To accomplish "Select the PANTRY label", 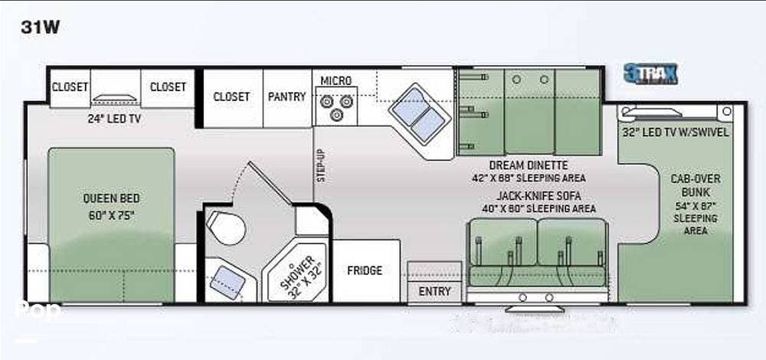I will [x=286, y=97].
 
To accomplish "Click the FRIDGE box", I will [x=365, y=270].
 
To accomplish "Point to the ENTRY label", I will [x=434, y=292].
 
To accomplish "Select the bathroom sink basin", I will [x=228, y=282].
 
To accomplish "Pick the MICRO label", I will [x=336, y=81].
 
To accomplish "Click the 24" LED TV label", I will [x=113, y=119].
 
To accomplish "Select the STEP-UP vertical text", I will [x=322, y=163].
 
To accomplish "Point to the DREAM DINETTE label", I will [x=529, y=165].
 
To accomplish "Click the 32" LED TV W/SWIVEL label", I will [x=676, y=132].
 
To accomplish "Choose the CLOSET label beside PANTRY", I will [x=231, y=97].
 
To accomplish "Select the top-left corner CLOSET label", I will [x=70, y=87].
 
